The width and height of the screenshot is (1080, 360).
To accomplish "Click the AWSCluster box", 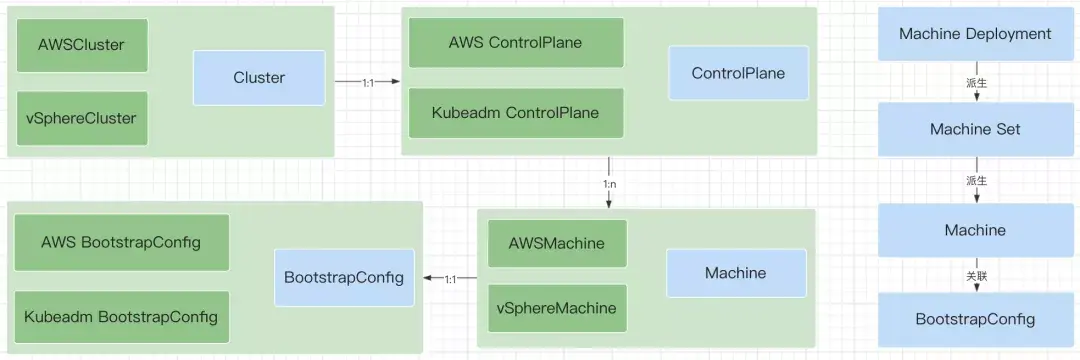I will pos(82,45).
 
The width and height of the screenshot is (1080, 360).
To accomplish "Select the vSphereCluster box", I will pos(82,118).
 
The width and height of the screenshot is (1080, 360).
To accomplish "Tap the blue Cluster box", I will pos(259,78).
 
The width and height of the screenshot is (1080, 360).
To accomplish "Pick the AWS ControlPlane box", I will pos(516,43).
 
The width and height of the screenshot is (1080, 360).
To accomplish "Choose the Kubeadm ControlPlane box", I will pos(516,113).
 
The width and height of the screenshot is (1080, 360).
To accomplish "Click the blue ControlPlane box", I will pos(738,73).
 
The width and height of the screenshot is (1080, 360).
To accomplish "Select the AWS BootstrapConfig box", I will pos(121,242).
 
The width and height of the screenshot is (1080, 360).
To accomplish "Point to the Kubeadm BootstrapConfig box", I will pos(121,317).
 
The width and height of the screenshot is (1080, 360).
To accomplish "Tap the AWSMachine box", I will pos(556,243).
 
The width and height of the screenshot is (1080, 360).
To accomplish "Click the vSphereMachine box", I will pos(556,307).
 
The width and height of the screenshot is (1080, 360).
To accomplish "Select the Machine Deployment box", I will pos(975,34).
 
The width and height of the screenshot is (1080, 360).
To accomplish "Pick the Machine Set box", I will pos(975,129).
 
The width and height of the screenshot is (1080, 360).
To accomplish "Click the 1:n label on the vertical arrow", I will pos(608,183).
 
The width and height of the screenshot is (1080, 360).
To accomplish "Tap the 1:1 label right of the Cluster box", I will pos(369,82).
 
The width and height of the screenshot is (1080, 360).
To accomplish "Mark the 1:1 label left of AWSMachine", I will pos(452,279).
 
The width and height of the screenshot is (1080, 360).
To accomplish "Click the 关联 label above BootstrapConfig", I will pos(976,275).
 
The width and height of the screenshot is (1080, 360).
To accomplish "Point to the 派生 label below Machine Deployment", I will pos(976,83).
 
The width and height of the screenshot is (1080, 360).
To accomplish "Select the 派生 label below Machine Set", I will pos(976,181).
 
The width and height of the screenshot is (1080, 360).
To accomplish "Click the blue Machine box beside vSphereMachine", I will pos(735,273).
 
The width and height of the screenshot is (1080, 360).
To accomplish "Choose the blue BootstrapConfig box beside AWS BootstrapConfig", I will pos(344,277).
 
